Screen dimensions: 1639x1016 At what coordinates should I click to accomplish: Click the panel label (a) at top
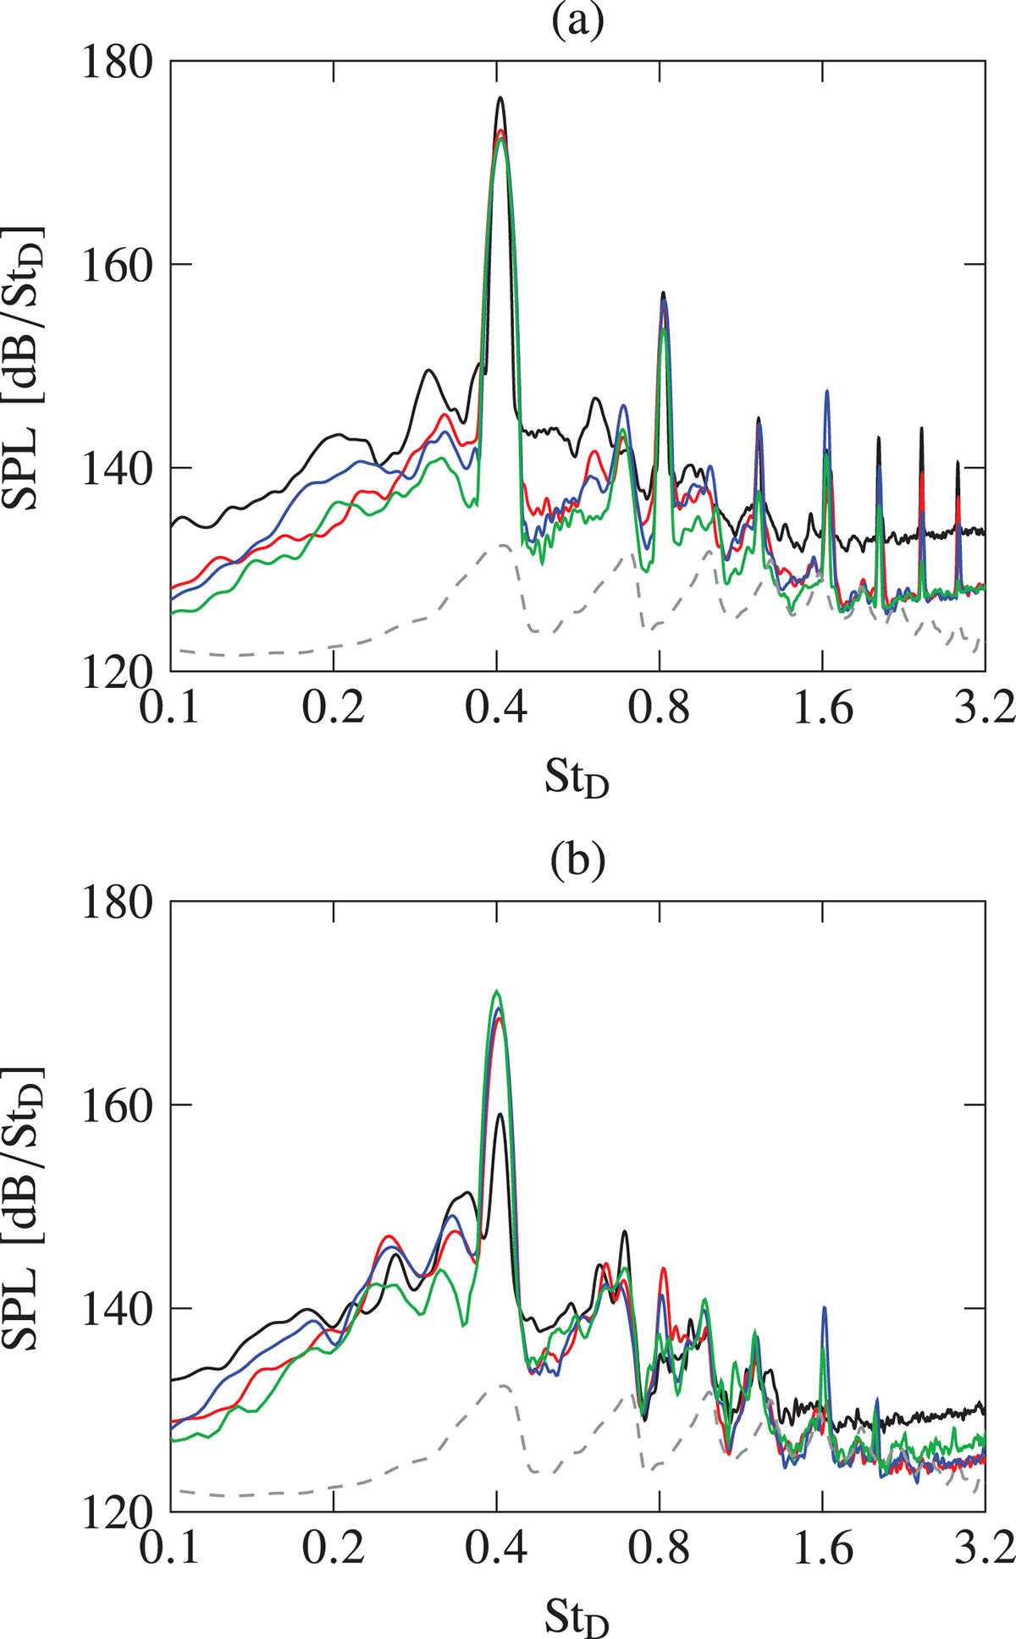[x=578, y=24]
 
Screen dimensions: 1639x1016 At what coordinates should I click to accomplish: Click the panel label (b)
[x=578, y=861]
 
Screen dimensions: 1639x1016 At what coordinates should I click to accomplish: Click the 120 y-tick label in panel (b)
[x=116, y=1512]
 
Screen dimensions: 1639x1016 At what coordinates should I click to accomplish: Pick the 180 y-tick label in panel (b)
[x=116, y=902]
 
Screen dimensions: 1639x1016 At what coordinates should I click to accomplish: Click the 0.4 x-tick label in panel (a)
[x=497, y=707]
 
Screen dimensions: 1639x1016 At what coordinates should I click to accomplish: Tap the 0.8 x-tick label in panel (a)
[x=660, y=707]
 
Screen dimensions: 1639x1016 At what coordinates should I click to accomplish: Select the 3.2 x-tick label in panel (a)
[x=984, y=707]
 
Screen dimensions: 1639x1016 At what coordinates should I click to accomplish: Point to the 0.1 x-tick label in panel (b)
[x=172, y=1548]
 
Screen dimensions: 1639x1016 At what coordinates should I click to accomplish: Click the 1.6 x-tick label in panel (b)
[x=822, y=1548]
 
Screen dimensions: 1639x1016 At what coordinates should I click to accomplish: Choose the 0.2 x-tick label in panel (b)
[x=334, y=1548]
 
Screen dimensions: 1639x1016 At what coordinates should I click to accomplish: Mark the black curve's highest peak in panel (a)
[x=500, y=98]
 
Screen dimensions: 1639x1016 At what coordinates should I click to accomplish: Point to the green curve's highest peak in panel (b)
[x=497, y=991]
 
